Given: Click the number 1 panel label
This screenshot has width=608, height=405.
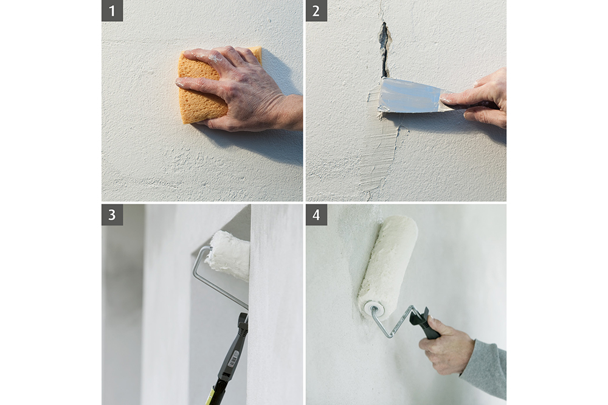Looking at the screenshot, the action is click(112, 11).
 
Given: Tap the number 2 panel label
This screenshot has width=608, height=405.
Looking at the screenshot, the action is click(316, 11).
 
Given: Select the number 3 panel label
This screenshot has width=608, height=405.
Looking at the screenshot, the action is click(112, 215).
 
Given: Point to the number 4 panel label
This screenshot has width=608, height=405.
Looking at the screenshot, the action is click(316, 215).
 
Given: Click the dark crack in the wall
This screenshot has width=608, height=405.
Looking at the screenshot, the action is click(384, 49).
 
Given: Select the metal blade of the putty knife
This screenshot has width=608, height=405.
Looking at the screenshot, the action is click(411, 95).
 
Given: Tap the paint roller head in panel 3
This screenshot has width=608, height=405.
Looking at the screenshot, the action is click(229, 255).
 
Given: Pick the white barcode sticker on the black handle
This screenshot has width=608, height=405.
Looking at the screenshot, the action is click(232, 360).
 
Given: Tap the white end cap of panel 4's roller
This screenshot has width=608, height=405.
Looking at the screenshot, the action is click(371, 309).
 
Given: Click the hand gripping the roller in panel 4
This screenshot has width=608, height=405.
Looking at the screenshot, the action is click(446, 345).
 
